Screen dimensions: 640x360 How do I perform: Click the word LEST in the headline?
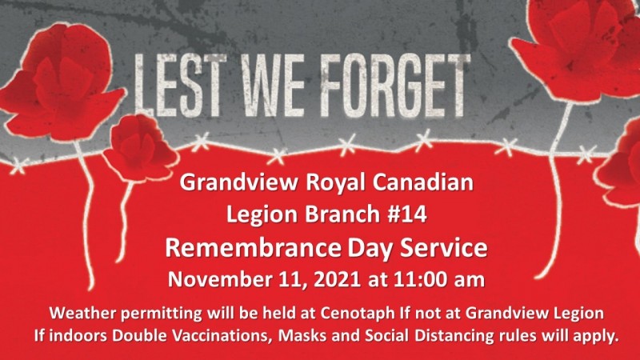181,85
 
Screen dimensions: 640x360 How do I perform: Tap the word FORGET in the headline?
394,85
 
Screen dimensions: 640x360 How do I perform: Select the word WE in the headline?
273,85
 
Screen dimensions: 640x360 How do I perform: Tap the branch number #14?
407,214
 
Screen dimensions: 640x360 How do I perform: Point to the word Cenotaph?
358,313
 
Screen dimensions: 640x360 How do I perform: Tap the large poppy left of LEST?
62,82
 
